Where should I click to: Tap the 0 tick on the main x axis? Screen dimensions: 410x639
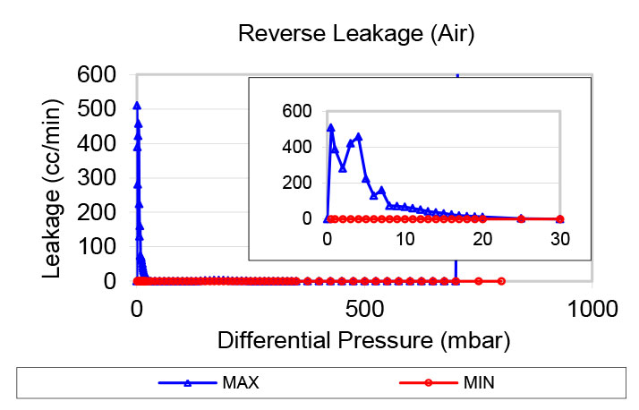pyautogui.click(x=137, y=310)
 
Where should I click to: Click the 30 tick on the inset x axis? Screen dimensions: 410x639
pyautogui.click(x=560, y=239)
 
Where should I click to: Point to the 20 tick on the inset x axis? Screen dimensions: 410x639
pyautogui.click(x=482, y=239)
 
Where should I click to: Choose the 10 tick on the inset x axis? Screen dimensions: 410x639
pyautogui.click(x=405, y=239)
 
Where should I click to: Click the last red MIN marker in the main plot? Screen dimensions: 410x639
pyautogui.click(x=501, y=281)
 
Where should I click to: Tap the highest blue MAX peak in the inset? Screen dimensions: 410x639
pyautogui.click(x=330, y=127)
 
